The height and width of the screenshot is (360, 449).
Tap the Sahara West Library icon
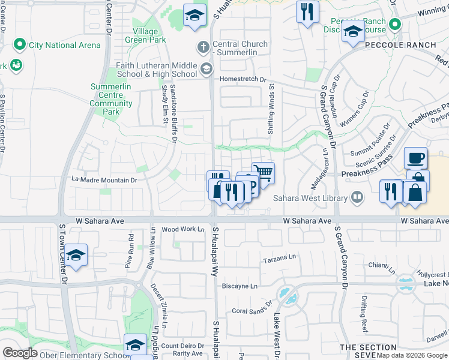[357, 197]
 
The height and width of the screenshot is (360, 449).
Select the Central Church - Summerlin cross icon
[203, 47]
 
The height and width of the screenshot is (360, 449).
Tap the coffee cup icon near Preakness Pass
[415, 159]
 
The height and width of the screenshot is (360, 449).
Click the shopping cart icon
[262, 173]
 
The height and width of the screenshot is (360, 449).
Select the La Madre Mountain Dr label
[104, 179]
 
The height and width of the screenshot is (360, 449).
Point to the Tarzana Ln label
[280, 260]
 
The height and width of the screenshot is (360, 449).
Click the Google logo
[20, 353]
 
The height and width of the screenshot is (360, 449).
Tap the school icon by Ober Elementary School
[135, 345]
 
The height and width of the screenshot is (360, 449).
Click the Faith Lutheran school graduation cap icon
[206, 68]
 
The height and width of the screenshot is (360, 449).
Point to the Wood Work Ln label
[183, 229]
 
